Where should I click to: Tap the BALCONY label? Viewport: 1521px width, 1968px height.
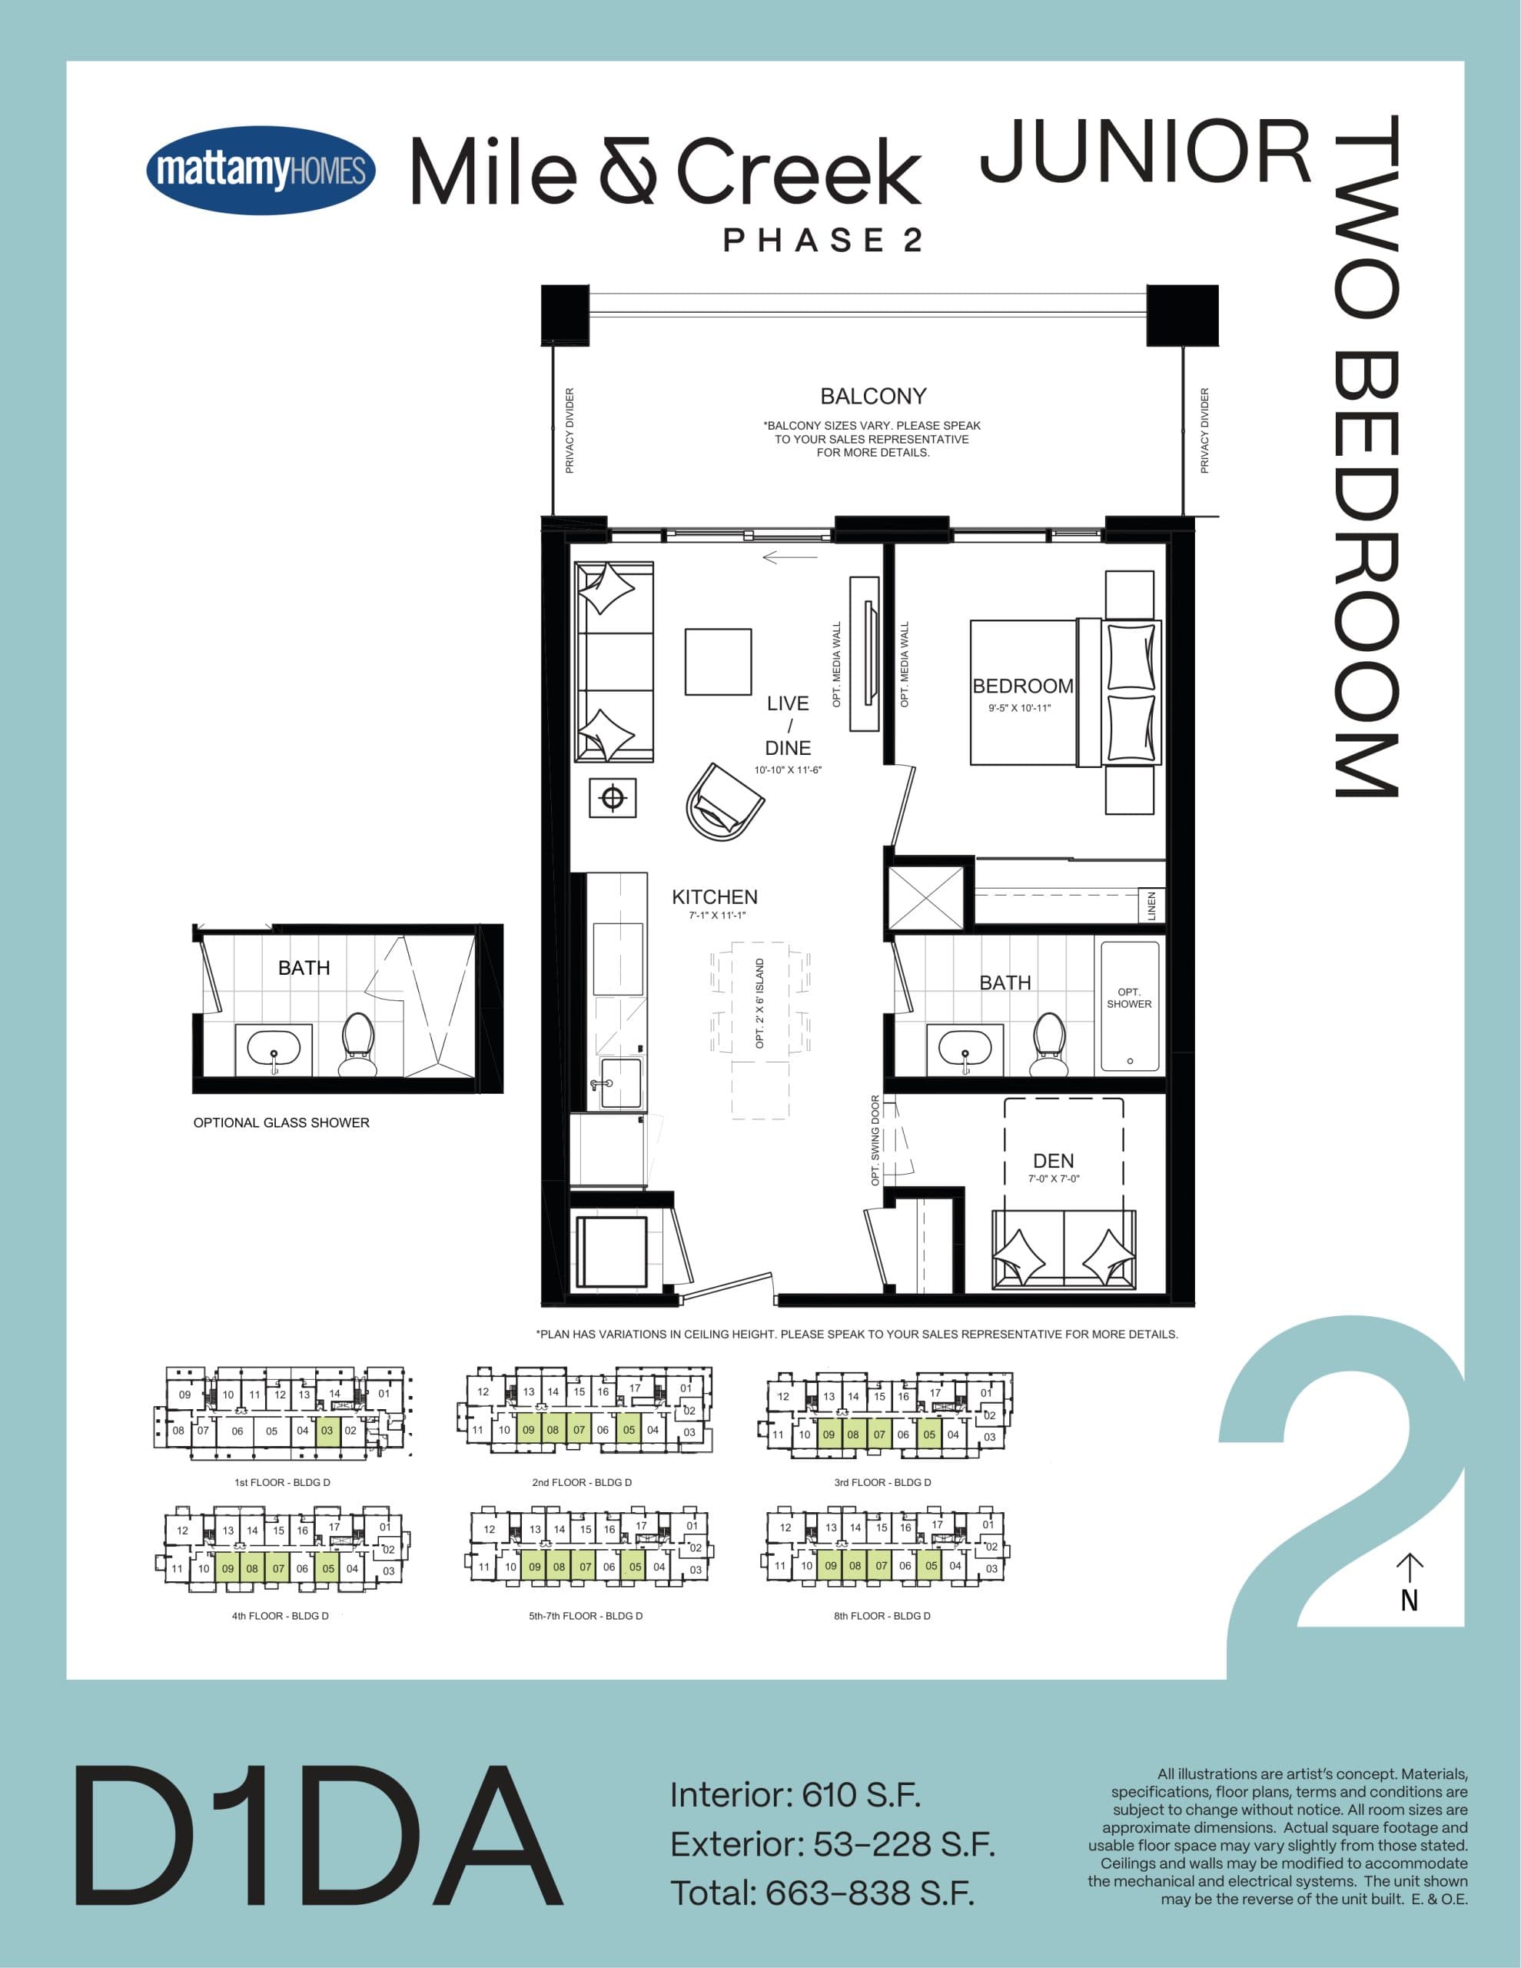click(x=872, y=397)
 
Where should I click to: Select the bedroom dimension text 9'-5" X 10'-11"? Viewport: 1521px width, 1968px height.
click(x=1019, y=708)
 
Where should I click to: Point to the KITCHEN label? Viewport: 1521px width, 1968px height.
click(x=715, y=896)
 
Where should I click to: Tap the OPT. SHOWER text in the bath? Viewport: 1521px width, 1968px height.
click(x=1129, y=998)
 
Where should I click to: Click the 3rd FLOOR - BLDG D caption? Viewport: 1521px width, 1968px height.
click(x=882, y=1482)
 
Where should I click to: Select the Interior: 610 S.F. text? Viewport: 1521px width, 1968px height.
click(x=795, y=1795)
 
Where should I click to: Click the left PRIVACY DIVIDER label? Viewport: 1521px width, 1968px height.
click(x=570, y=430)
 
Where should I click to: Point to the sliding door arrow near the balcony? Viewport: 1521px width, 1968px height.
click(x=789, y=557)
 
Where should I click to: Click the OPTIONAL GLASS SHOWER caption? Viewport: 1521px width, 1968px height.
click(x=281, y=1123)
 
